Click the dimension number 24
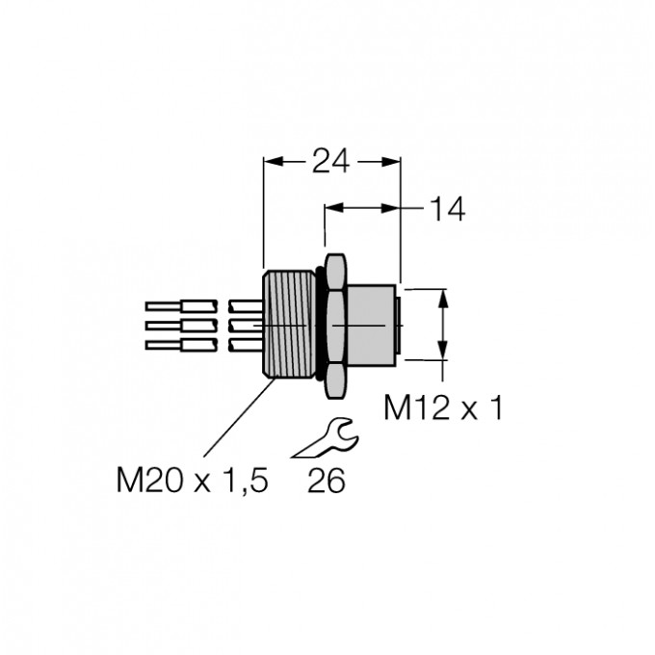click(x=330, y=161)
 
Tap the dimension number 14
click(x=447, y=210)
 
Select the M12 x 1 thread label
click(x=443, y=407)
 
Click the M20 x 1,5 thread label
click(x=192, y=480)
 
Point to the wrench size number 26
click(x=327, y=481)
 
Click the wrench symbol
click(x=326, y=437)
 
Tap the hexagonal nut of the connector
click(x=335, y=326)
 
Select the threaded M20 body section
click(x=289, y=325)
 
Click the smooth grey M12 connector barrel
click(x=370, y=326)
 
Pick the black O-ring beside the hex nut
click(x=320, y=325)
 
